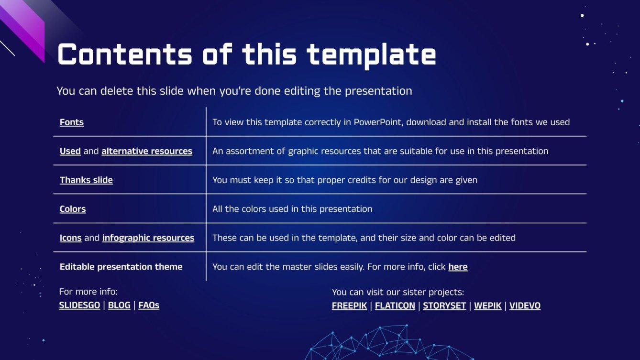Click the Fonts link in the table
click(72, 122)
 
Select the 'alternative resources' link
click(147, 151)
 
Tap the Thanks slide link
click(86, 180)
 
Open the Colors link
click(73, 209)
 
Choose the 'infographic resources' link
click(148, 238)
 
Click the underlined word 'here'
click(458, 267)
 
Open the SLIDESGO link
click(79, 305)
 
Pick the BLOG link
click(119, 305)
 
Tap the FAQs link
click(149, 305)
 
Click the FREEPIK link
click(349, 306)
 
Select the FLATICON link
click(395, 306)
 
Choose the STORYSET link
click(444, 306)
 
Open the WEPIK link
click(488, 306)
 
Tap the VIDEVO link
click(525, 306)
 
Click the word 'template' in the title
click(371, 55)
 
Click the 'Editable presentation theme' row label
click(121, 267)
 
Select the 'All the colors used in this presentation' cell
click(292, 209)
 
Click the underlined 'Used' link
click(70, 151)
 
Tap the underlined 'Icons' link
click(70, 238)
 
